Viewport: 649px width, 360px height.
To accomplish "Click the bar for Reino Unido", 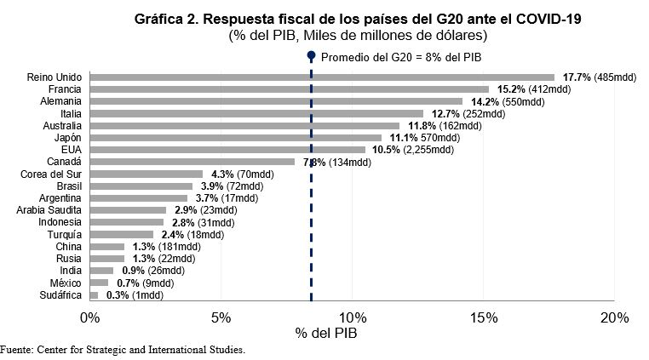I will [321, 77].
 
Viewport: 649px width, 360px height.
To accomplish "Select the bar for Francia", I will [289, 89].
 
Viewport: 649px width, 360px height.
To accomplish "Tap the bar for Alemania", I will [275, 100].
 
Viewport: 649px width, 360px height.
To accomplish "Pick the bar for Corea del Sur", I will [146, 174].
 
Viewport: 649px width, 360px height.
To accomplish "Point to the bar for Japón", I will [235, 137].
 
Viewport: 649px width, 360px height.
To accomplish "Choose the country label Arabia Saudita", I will [49, 210].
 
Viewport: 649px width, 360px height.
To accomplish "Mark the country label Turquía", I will [64, 235].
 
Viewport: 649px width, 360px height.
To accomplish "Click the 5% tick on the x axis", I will [221, 317].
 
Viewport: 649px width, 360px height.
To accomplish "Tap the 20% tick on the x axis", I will [614, 317].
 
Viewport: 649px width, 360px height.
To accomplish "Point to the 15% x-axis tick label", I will [483, 317].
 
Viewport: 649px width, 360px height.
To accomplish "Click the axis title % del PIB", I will [329, 334].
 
